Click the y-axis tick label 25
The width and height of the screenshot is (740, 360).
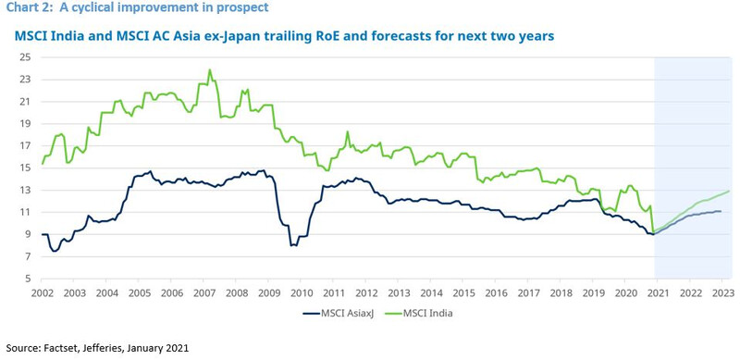pos(26,57)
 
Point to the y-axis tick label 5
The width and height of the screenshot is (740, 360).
pos(29,279)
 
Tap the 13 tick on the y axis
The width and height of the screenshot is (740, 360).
pos(26,190)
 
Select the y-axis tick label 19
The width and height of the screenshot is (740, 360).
pos(26,123)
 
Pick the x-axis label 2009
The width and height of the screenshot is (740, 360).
pos(269,292)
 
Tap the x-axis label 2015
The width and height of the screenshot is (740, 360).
pos(463,292)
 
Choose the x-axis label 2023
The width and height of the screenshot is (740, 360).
pos(722,292)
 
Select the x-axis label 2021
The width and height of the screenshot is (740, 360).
pos(658,292)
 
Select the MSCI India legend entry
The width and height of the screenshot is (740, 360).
pos(421,313)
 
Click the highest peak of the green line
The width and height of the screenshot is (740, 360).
pos(210,70)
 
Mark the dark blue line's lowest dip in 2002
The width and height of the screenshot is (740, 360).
pos(55,251)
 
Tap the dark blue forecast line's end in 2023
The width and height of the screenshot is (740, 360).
pos(721,211)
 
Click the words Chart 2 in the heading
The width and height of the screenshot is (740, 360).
pos(26,8)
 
